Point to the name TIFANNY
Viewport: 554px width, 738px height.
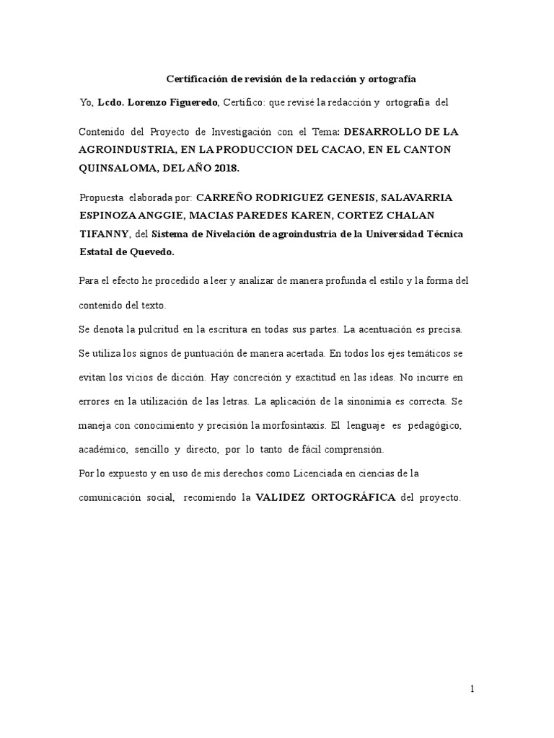coord(104,234)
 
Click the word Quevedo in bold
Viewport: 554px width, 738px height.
coord(151,253)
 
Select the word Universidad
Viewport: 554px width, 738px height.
coord(395,234)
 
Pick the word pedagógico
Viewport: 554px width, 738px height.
coord(434,424)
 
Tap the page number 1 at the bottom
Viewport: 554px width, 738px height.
coord(472,689)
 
